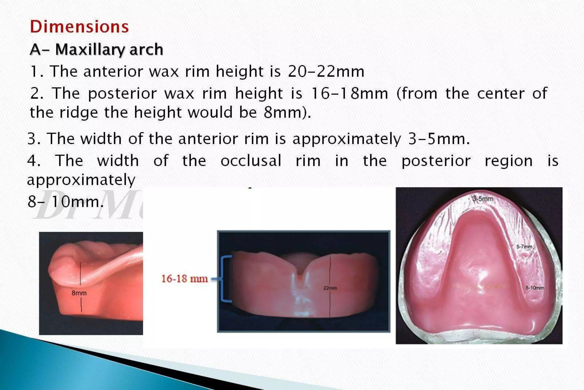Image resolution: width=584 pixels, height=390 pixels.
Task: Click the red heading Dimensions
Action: pos(79,27)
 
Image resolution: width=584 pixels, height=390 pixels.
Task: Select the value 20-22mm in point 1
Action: pos(326,71)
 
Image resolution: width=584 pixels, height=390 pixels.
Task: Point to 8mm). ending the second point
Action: pos(287,112)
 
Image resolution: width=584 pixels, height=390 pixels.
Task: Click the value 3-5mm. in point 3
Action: pos(439,139)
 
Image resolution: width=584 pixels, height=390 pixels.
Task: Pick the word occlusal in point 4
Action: pos(251,161)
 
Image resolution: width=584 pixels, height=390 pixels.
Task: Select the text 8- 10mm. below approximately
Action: pos(66,202)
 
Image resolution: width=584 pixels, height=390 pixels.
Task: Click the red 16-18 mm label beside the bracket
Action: pos(184,279)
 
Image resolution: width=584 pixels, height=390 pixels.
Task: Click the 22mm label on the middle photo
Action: pos(330,288)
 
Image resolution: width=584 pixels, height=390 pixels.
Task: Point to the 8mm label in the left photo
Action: pos(79,293)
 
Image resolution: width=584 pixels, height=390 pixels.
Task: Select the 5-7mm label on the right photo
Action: pos(524,246)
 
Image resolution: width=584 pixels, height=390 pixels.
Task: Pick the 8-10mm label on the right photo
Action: pos(535,288)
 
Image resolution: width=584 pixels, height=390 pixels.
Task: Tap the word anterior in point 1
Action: pos(113,71)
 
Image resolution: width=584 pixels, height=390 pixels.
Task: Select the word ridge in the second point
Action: pos(78,112)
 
